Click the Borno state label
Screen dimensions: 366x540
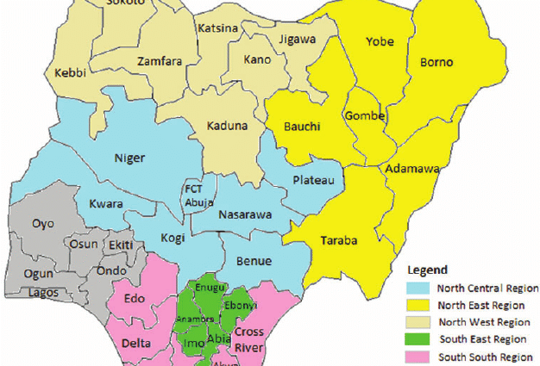click(x=436, y=63)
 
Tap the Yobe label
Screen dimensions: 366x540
click(x=380, y=41)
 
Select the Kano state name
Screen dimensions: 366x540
click(x=257, y=60)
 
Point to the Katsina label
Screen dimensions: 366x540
click(x=217, y=28)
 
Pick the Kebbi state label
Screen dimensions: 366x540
click(x=71, y=72)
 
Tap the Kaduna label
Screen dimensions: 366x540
click(x=227, y=126)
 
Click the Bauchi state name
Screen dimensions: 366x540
click(x=302, y=127)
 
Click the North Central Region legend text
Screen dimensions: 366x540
click(x=487, y=288)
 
